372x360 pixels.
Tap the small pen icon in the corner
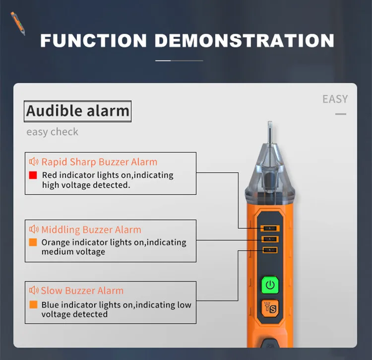(x=18, y=23)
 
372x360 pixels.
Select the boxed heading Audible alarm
(x=78, y=111)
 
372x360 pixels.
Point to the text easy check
(x=52, y=132)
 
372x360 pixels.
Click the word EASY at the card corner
(x=335, y=99)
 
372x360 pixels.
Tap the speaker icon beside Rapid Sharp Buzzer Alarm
(x=34, y=162)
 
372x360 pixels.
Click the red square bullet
(x=33, y=175)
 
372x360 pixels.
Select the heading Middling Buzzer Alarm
(x=91, y=230)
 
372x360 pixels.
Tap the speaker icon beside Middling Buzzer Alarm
(x=34, y=229)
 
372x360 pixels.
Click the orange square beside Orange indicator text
(x=33, y=243)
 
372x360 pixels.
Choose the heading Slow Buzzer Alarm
(x=82, y=291)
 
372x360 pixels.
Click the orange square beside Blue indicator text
(x=33, y=304)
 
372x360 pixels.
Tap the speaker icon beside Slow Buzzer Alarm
(x=34, y=290)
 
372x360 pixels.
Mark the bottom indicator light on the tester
(x=270, y=250)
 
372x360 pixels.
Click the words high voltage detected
(x=86, y=185)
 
